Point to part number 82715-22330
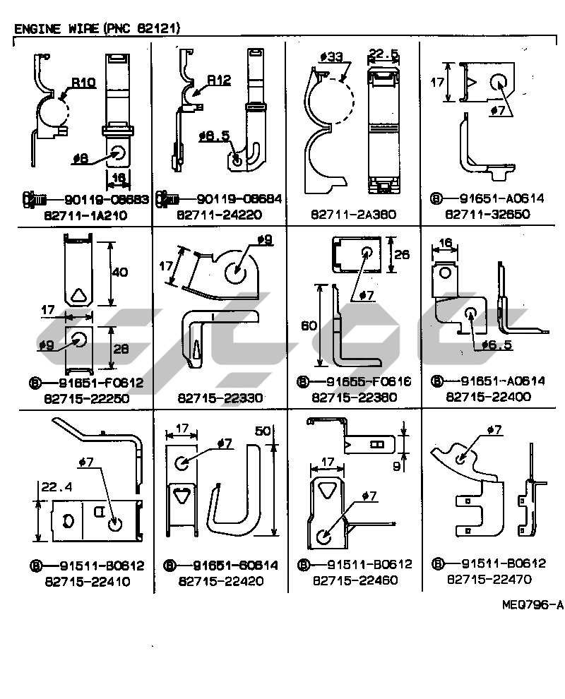click(220, 398)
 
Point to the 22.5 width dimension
click(384, 53)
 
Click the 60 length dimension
click(309, 325)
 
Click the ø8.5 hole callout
click(214, 135)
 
